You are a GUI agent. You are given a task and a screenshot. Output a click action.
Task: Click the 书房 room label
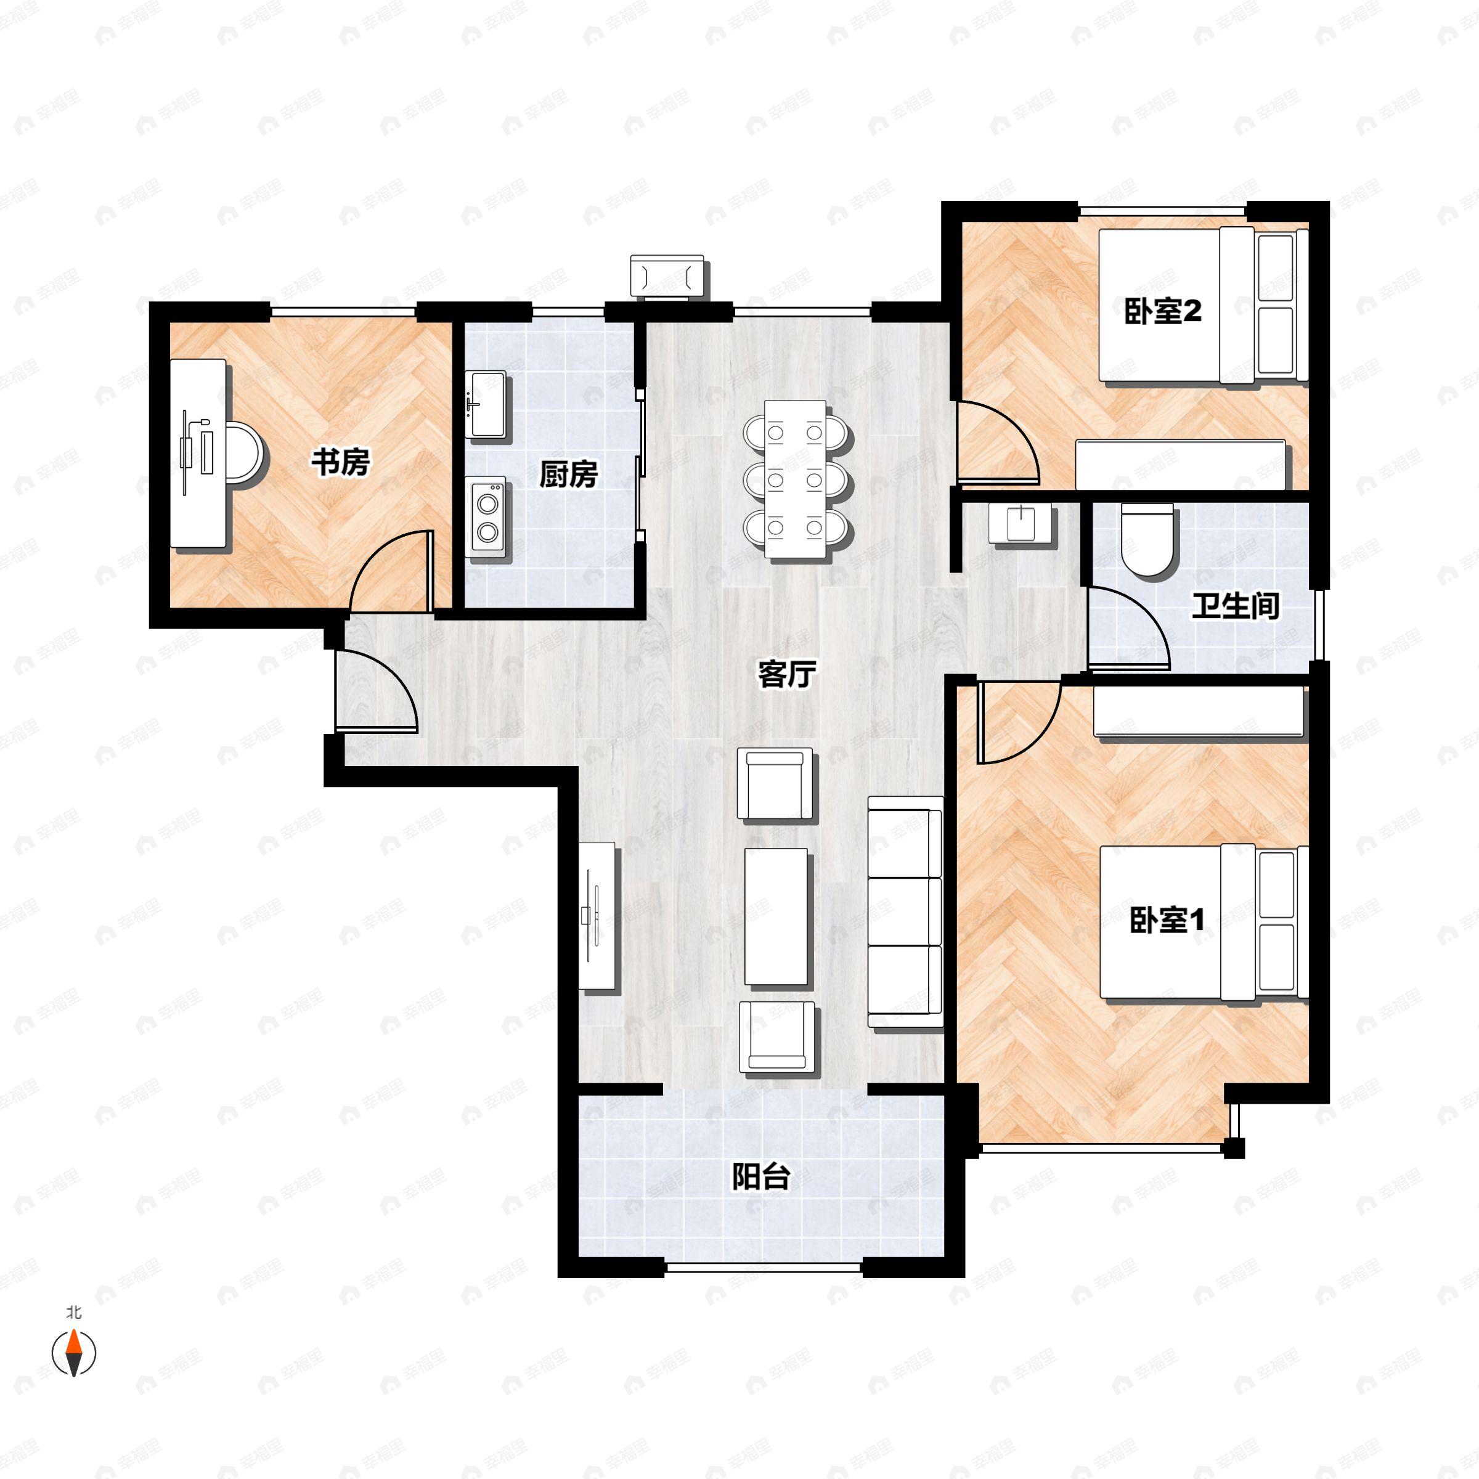click(340, 462)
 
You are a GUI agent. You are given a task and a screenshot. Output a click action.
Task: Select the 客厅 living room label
click(786, 674)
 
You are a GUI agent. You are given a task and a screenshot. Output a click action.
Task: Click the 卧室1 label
click(1167, 919)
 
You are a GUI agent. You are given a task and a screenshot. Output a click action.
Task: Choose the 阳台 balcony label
click(760, 1176)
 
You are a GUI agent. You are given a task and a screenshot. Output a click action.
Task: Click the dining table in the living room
click(796, 478)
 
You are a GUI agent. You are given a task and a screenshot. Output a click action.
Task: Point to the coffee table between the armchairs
click(775, 916)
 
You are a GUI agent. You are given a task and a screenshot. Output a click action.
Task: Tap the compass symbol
click(73, 1353)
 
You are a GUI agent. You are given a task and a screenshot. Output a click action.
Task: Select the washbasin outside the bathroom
click(1022, 523)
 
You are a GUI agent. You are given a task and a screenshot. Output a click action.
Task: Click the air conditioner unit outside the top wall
click(667, 275)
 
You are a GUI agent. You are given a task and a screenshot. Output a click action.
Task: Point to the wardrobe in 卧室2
click(1181, 464)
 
